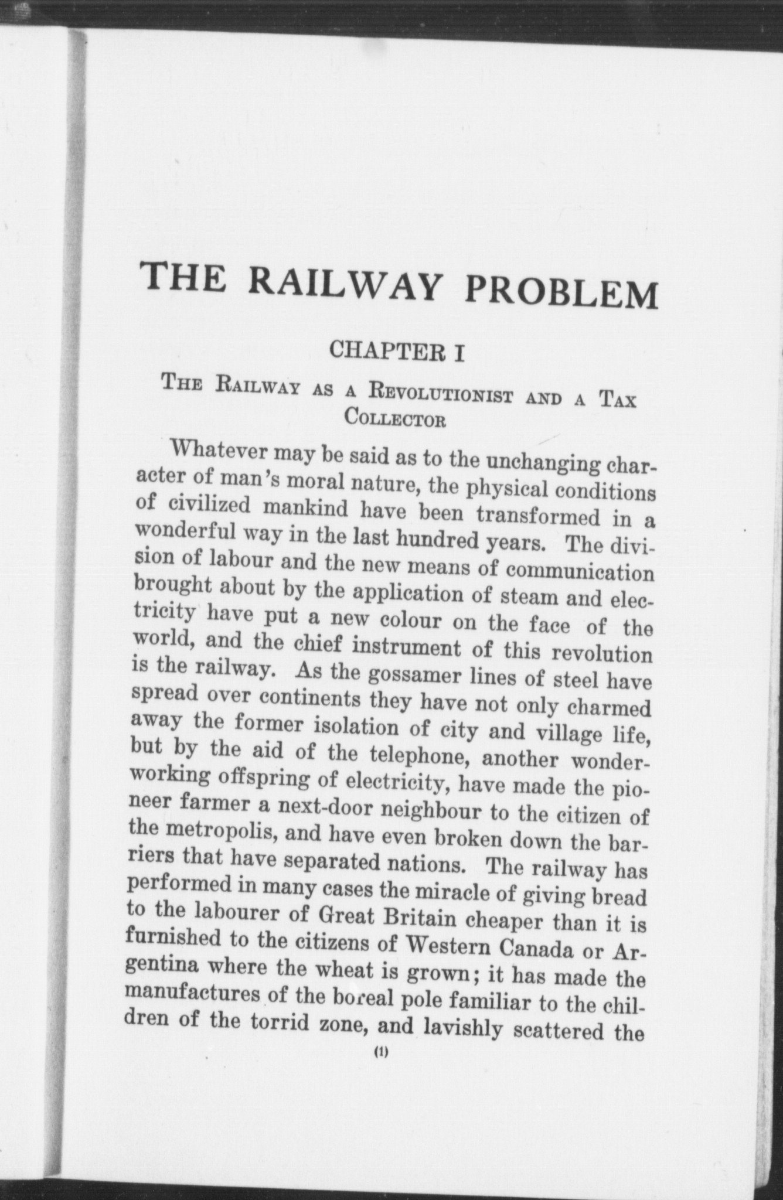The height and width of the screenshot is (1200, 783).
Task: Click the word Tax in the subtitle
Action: click(x=617, y=402)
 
